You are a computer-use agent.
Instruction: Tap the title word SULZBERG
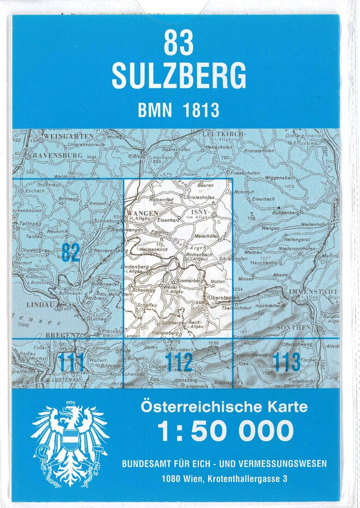(x=179, y=75)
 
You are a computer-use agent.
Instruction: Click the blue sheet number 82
(x=70, y=253)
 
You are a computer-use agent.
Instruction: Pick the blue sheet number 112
(x=178, y=362)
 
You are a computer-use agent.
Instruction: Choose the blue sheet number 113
(x=286, y=362)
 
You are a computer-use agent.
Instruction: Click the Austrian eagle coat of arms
(x=69, y=442)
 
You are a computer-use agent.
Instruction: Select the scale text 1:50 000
(x=225, y=431)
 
